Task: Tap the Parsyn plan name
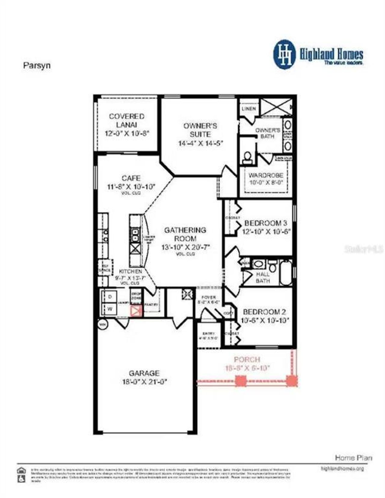(37, 66)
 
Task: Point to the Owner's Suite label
(200, 130)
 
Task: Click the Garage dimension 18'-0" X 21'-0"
(144, 382)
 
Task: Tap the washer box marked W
(110, 309)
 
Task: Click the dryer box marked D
(110, 297)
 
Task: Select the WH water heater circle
(103, 325)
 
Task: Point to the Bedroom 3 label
(265, 223)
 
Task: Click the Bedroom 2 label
(264, 312)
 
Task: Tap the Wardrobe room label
(266, 175)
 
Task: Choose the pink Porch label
(247, 359)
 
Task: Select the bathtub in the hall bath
(286, 273)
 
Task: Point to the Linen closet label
(249, 109)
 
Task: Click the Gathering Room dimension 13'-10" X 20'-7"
(185, 247)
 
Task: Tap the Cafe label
(131, 178)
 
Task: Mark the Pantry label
(151, 305)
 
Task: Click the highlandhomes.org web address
(342, 469)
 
